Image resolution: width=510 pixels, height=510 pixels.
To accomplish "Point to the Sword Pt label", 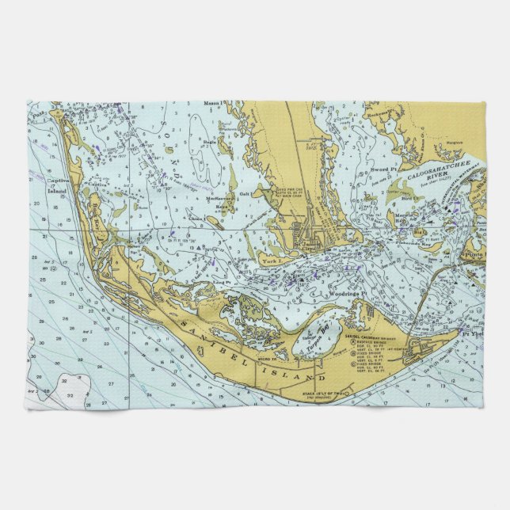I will click(x=382, y=169).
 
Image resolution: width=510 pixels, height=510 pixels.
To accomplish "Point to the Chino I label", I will click(x=196, y=218).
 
